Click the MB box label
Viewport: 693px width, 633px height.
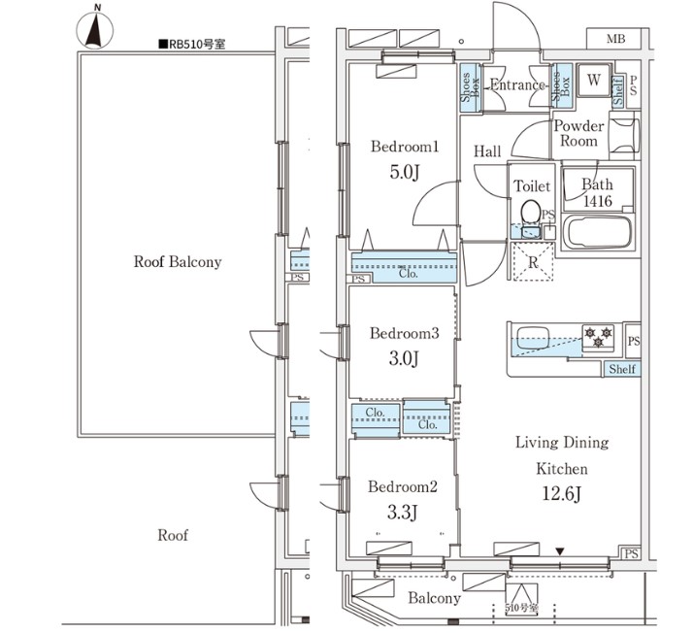615,39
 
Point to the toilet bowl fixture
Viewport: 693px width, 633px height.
530,211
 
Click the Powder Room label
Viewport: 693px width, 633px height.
578,133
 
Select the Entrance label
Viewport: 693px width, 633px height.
517,85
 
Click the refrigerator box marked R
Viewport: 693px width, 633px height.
532,261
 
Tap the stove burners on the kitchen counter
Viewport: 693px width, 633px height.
598,336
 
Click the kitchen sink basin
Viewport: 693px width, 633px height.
533,340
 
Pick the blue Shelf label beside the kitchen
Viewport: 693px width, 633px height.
622,369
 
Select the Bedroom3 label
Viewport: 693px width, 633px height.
405,334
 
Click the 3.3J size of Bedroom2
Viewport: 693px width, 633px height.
404,513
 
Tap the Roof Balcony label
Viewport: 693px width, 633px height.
178,261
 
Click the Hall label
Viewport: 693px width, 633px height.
487,151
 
